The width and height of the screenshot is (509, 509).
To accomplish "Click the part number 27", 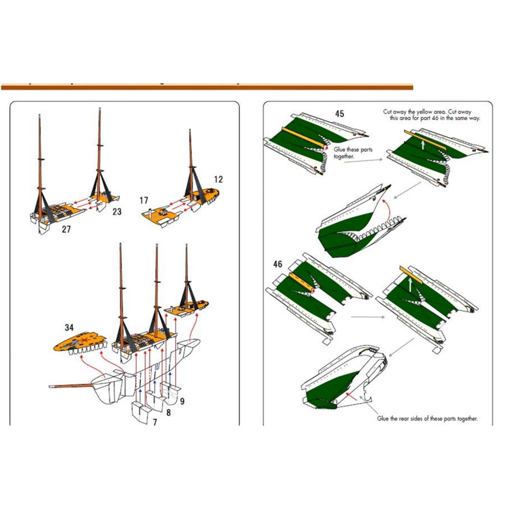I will coord(66,229).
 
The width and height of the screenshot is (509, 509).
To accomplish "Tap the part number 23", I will coord(117,212).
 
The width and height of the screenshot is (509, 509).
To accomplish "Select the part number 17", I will coord(144,200).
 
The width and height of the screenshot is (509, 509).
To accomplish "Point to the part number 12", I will coord(218,179).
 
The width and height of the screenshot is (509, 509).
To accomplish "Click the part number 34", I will coord(69,327).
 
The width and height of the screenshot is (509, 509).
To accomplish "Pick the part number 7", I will coord(155,422).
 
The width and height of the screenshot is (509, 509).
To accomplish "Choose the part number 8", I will coord(168,413).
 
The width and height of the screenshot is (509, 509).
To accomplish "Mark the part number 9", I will coord(182,401).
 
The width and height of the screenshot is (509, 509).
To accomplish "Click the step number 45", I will coord(339,114).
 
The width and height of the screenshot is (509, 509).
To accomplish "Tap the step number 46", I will coord(277,264).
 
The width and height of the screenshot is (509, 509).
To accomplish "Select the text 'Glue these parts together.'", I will coord(353,153).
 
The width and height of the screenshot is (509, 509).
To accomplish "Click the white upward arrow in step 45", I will coord(423,145).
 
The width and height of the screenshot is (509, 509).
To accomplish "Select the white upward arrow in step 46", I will coord(410,285).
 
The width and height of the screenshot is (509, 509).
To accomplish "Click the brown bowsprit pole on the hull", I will coord(72,386).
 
